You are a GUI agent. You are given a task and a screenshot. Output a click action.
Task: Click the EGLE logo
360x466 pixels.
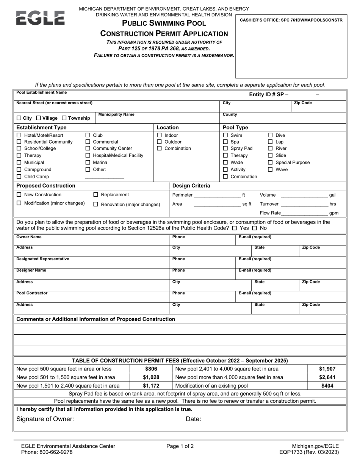coord(40,18)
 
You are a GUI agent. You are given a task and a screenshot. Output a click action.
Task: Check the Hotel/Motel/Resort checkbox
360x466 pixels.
coord(19,135)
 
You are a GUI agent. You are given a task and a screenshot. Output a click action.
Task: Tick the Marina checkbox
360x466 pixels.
coord(88,163)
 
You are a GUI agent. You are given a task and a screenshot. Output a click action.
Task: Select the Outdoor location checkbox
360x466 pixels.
coord(160,142)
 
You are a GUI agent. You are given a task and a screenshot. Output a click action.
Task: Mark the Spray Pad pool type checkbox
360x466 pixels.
coord(225,149)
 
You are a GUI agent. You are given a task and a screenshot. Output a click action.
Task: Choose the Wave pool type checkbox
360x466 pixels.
coord(271,169)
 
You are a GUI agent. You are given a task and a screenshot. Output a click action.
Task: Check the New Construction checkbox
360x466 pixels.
coord(19,195)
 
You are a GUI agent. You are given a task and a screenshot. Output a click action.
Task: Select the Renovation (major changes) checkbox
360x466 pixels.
coord(96,205)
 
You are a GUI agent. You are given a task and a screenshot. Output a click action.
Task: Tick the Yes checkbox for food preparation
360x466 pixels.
coord(235,228)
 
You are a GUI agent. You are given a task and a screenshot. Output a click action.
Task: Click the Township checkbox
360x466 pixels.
coord(64,118)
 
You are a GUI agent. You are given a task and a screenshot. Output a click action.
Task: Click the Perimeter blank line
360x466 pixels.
coord(217,196)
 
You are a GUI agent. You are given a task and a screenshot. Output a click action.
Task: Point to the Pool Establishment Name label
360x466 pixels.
coord(41,92)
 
